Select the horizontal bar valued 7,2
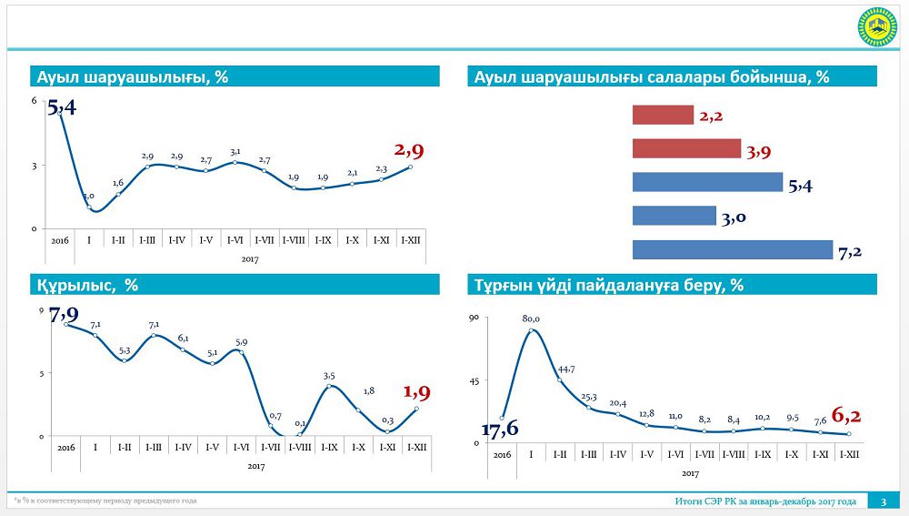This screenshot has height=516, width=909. click(732, 249)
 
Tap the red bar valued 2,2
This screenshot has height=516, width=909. click(663, 115)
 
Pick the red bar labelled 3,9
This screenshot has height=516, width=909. click(686, 148)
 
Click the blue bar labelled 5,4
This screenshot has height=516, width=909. click(707, 182)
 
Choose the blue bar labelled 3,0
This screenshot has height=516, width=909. click(674, 216)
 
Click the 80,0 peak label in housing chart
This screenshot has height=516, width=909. click(531, 319)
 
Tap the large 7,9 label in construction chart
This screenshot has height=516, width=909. click(64, 315)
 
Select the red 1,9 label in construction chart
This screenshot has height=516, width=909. click(416, 392)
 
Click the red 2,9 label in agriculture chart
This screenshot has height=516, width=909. click(408, 150)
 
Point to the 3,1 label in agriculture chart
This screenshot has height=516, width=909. click(235, 152)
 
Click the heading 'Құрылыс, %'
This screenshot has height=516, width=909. click(87, 285)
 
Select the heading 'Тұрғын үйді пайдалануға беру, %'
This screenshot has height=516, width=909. click(609, 285)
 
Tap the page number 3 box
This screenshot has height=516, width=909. click(883, 501)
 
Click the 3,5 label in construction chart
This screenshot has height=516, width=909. click(329, 375)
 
